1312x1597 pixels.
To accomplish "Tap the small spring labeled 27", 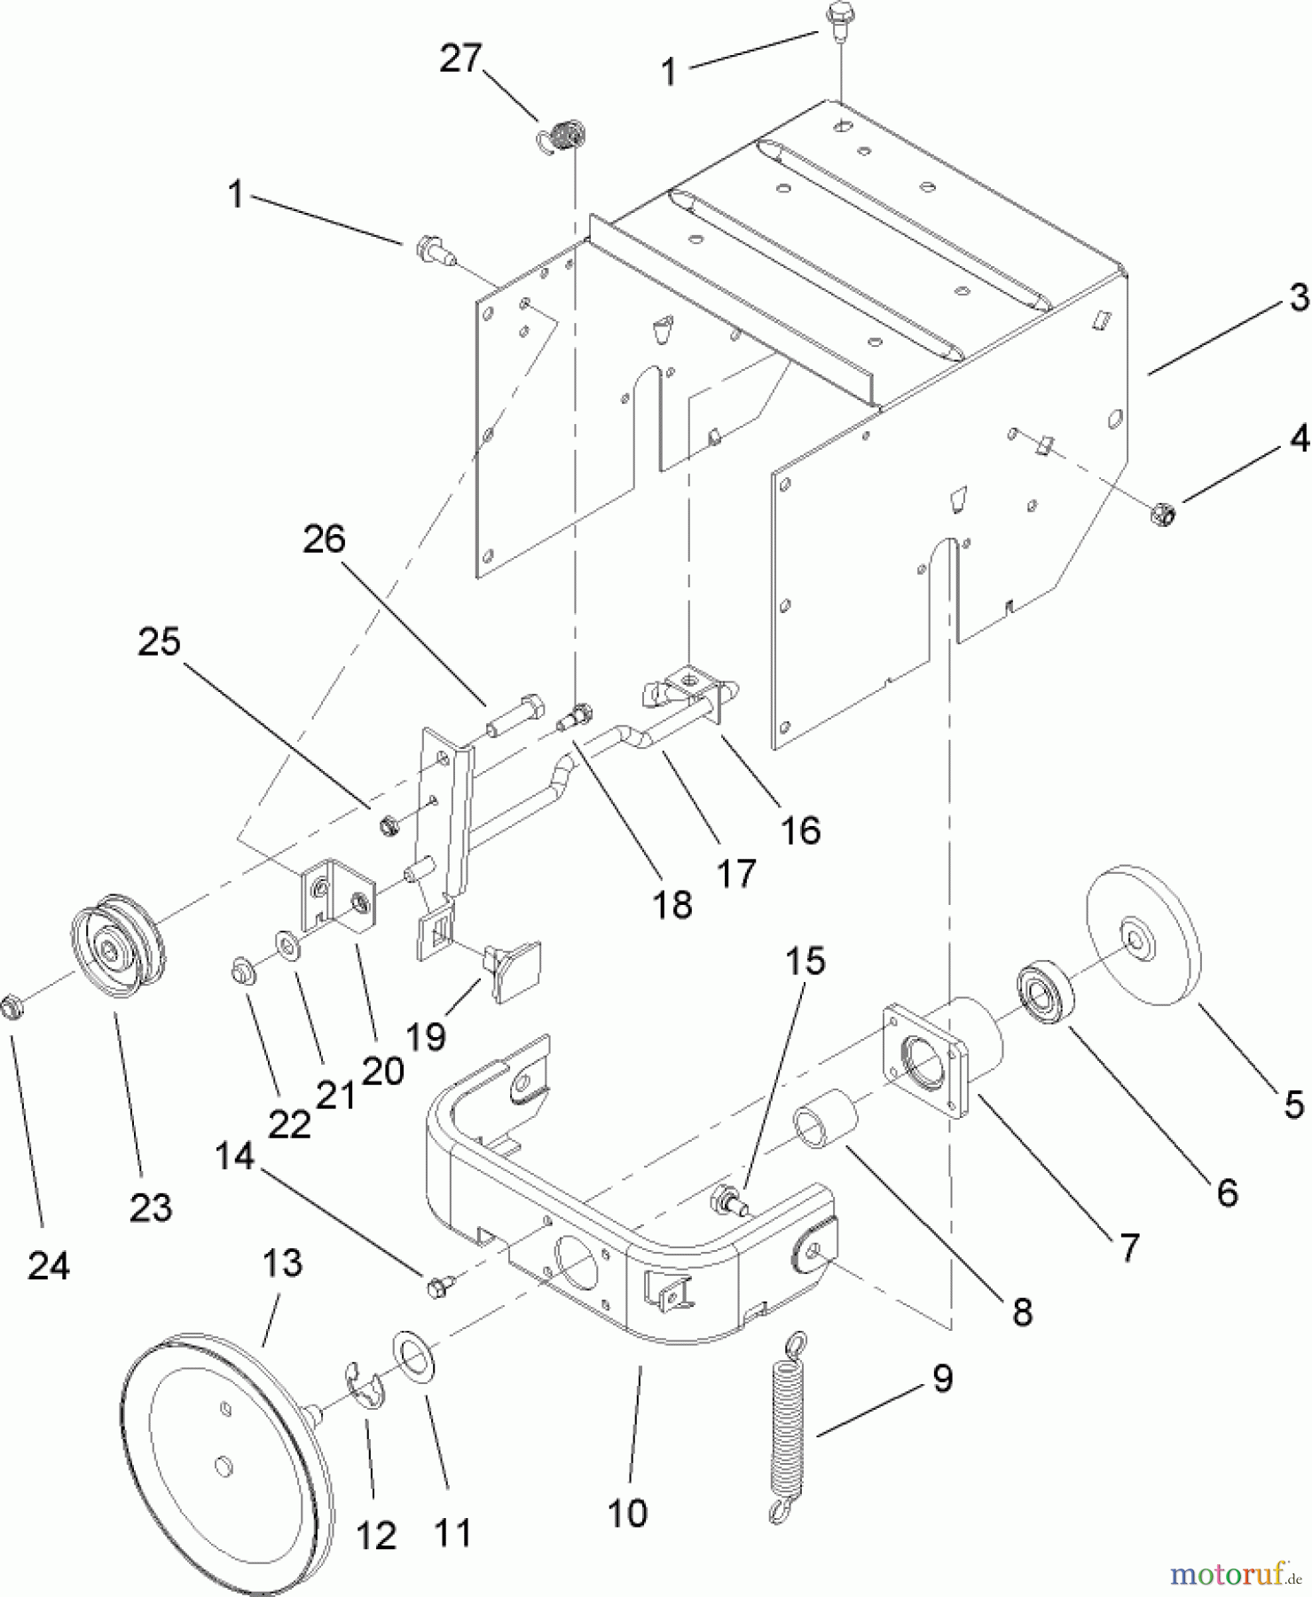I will [562, 138].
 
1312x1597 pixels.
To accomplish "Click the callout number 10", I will [628, 1513].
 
